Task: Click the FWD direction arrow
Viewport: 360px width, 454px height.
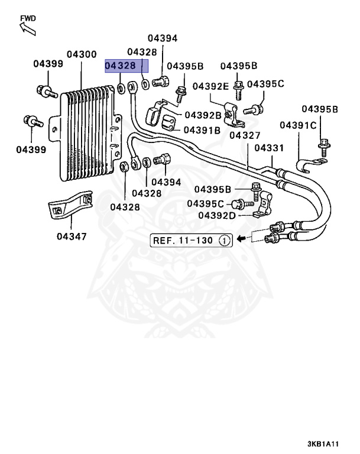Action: coord(28,29)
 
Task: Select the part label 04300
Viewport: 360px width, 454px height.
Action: coord(82,54)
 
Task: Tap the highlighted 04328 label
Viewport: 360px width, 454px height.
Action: coord(120,66)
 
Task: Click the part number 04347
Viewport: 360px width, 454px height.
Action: coord(72,236)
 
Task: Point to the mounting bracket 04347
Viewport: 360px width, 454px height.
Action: coord(70,205)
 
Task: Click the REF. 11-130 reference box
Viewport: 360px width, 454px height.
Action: coord(191,241)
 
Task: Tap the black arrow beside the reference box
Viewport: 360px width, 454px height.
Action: coord(241,239)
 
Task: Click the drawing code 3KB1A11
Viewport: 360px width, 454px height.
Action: coord(323,443)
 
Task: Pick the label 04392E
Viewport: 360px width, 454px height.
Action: coord(210,86)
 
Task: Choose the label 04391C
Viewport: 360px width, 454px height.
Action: coord(298,125)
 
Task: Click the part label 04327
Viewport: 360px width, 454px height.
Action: coord(245,135)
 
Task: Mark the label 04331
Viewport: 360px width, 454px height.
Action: coord(270,148)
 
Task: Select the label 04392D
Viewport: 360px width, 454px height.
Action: coord(216,216)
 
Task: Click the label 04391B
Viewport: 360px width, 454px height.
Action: coord(202,130)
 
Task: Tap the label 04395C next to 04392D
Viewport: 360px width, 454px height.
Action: coord(205,204)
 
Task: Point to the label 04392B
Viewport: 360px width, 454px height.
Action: coord(203,115)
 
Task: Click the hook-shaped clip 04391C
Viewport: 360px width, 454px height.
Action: coord(312,165)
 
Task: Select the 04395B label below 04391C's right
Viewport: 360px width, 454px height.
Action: coord(320,109)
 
